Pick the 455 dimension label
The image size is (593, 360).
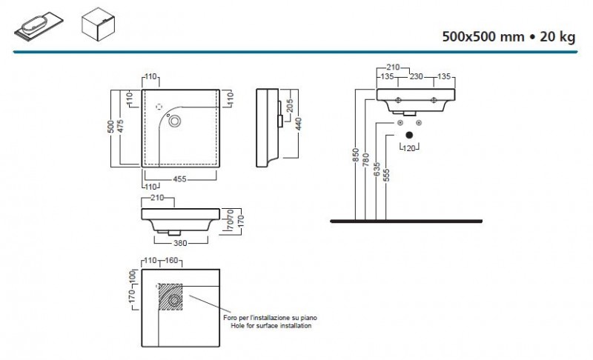click(x=179, y=179)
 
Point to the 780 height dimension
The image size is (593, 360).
click(x=365, y=161)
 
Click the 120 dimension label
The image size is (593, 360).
click(x=408, y=148)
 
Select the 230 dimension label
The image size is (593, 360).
click(x=416, y=75)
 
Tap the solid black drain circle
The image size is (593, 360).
click(x=408, y=135)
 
